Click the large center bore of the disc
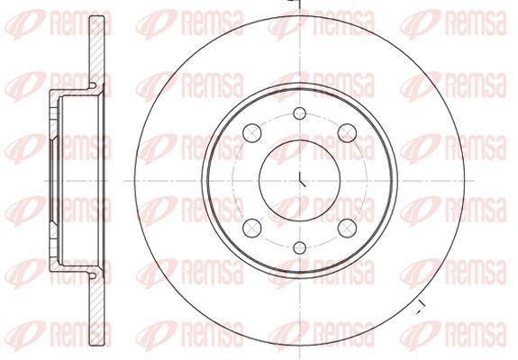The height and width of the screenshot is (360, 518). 300,181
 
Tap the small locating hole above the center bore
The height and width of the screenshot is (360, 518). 300,113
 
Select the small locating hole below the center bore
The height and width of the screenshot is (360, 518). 300,247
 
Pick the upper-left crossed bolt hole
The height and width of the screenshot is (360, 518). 252,133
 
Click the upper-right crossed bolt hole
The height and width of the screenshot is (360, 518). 347,133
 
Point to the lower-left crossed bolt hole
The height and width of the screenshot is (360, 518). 252,228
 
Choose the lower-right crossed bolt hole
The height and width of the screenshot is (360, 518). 347,228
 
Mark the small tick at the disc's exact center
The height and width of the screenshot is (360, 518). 302,180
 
